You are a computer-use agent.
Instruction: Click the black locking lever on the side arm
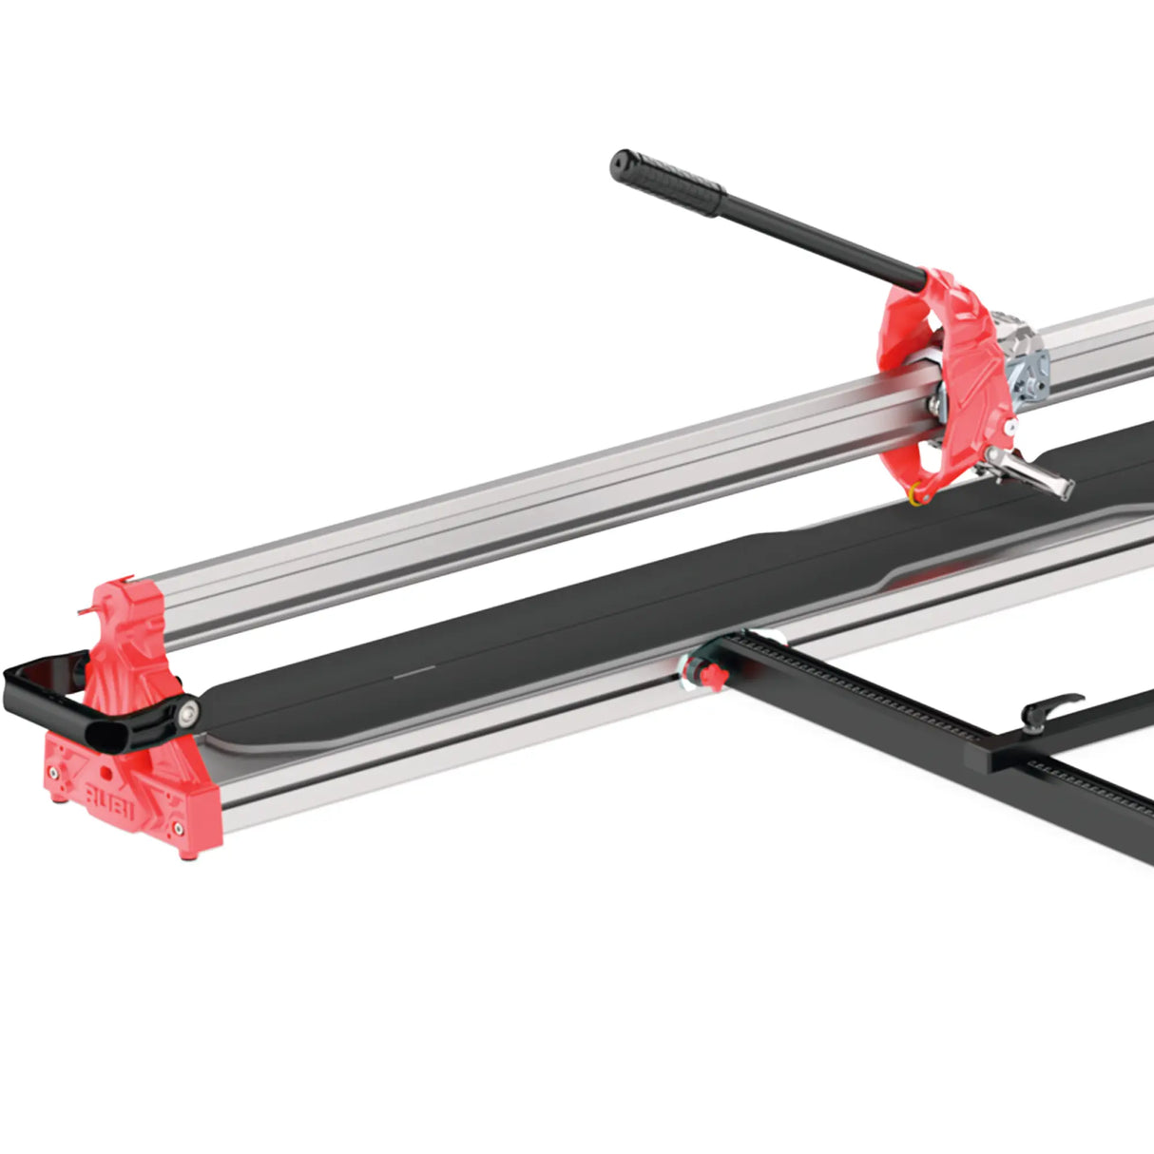coord(1049,708)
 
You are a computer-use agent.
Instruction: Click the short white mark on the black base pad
coord(414,673)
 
